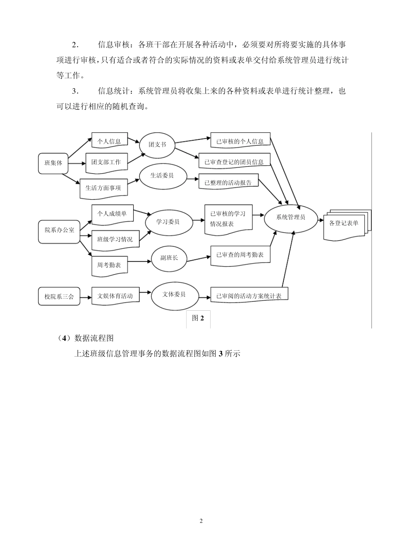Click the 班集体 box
[53, 163]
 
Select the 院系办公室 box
[60, 230]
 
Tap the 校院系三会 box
[59, 297]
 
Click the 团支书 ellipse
[157, 145]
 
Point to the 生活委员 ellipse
[162, 175]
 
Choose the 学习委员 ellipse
[168, 222]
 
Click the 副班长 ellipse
[169, 258]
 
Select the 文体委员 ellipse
[174, 295]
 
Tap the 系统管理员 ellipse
[290, 217]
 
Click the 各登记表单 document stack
[345, 224]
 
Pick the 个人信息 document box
[109, 141]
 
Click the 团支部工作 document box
[106, 162]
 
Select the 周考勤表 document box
[109, 265]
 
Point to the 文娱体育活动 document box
[115, 296]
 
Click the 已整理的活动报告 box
[228, 182]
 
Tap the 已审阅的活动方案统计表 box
[249, 296]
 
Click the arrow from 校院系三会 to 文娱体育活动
[86, 297]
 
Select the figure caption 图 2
[198, 318]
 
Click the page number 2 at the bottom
[201, 521]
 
